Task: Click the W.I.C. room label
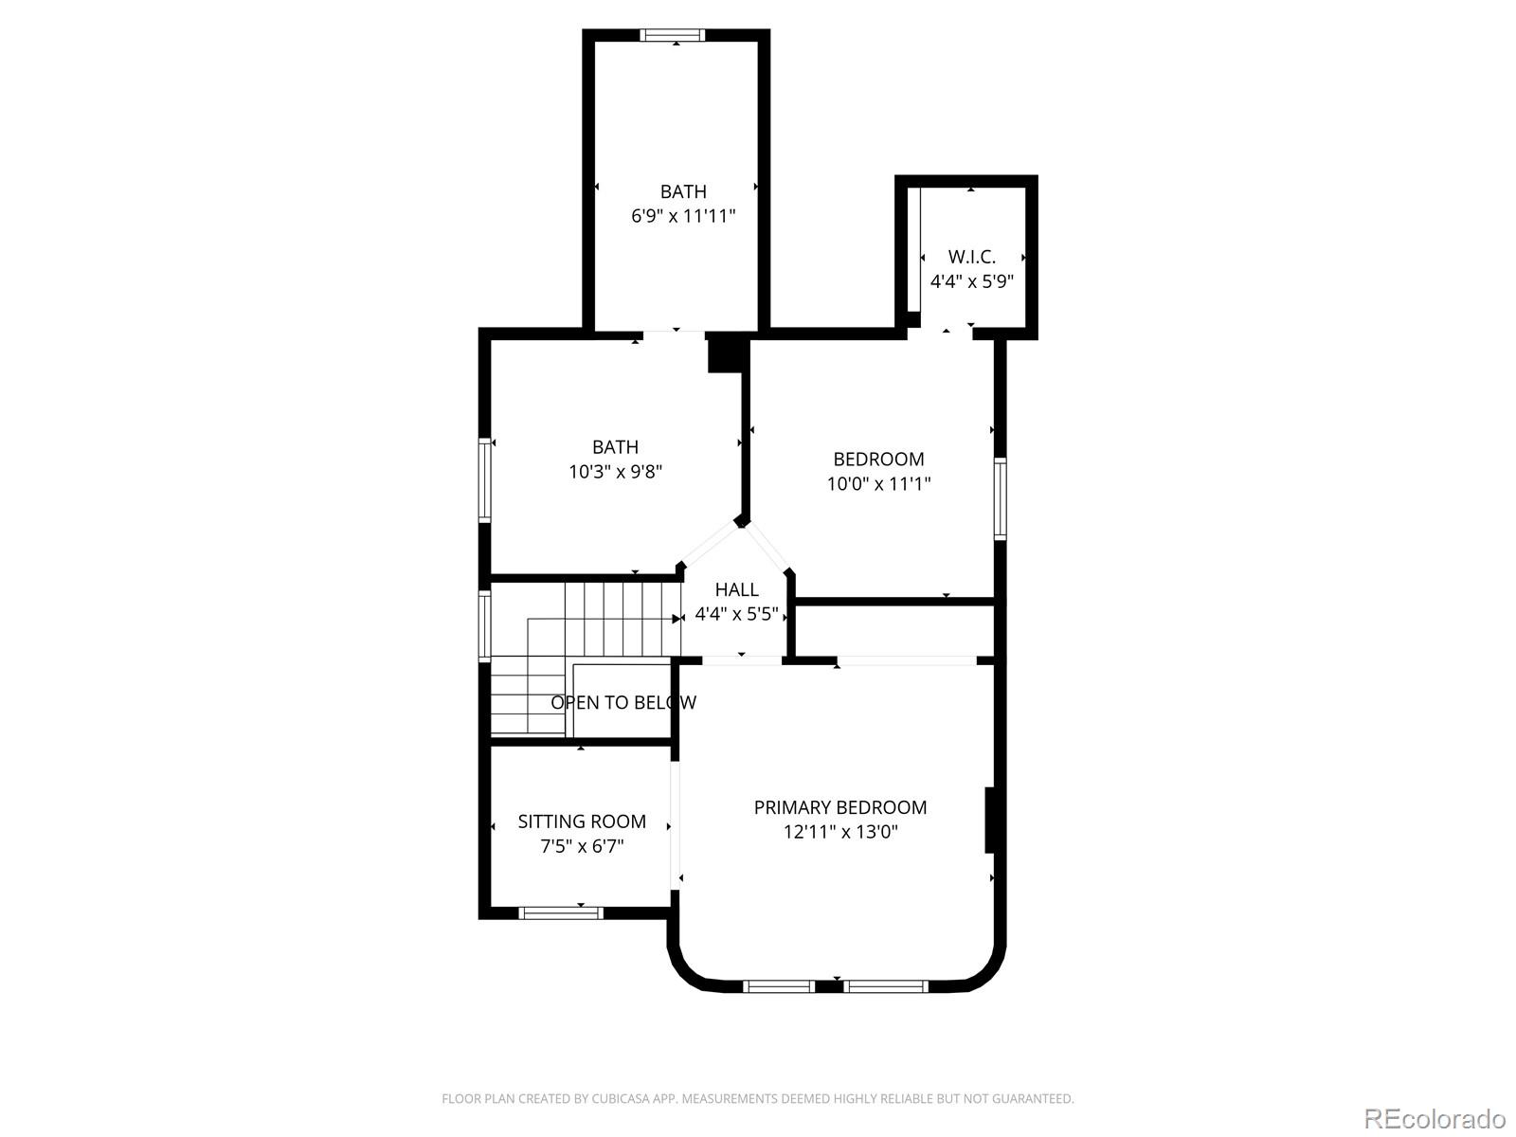pos(971,257)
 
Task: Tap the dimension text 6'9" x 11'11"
pos(683,216)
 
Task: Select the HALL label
pos(736,589)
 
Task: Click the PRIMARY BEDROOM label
pos(839,807)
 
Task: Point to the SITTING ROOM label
pos(582,821)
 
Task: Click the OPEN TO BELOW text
pos(623,702)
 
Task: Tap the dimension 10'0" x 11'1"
pos(878,484)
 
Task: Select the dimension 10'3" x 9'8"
pos(615,472)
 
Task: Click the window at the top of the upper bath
pos(673,36)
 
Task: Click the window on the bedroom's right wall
pos(1000,498)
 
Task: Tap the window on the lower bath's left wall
pos(485,479)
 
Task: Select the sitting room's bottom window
pos(561,913)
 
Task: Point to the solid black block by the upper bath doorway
pos(728,354)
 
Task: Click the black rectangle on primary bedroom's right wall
pos(989,820)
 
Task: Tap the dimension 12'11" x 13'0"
pos(839,832)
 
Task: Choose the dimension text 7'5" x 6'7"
pos(582,846)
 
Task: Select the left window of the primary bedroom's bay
pos(778,986)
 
